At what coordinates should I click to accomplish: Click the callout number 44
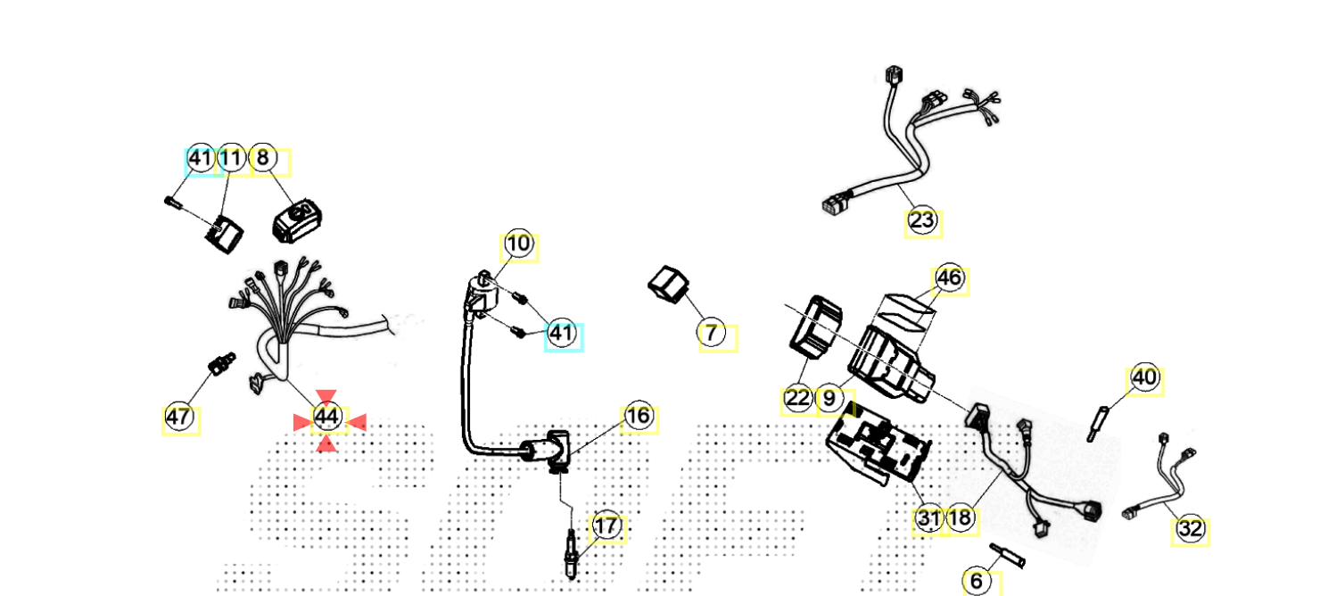[x=327, y=417]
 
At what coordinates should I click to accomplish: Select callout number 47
[x=178, y=417]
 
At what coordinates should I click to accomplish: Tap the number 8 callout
[x=262, y=159]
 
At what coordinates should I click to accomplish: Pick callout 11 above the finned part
[x=232, y=159]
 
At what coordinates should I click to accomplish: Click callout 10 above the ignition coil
[x=518, y=244]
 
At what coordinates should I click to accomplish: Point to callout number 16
[x=638, y=417]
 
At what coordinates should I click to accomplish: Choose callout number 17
[x=606, y=526]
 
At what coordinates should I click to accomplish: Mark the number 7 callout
[x=711, y=334]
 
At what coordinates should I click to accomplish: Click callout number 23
[x=922, y=219]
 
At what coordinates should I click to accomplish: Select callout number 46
[x=949, y=278]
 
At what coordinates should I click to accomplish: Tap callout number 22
[x=797, y=399]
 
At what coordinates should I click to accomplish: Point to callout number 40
[x=1144, y=379]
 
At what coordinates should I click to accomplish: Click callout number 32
[x=1191, y=529]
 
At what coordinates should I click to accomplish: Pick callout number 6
[x=977, y=582]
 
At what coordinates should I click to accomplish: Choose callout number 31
[x=928, y=518]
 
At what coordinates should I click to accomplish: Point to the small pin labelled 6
[x=1009, y=557]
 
